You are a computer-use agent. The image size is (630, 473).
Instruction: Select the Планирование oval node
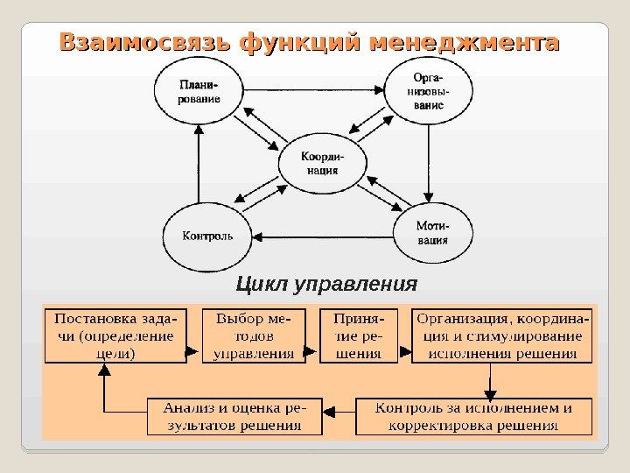199,92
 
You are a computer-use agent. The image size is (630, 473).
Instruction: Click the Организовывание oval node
428,91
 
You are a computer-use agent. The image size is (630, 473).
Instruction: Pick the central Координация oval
322,163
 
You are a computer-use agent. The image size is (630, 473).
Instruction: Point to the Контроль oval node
207,236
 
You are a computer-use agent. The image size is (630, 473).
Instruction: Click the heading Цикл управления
326,285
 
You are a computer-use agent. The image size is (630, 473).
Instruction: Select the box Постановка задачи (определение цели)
115,335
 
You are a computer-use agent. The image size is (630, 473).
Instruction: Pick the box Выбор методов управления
254,335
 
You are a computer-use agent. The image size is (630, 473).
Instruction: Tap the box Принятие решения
359,335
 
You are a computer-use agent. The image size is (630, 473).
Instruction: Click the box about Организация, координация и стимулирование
502,335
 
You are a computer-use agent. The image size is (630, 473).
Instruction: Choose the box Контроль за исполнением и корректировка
473,417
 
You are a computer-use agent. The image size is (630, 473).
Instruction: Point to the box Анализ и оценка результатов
234,417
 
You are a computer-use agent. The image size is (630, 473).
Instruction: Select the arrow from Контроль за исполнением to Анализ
338,411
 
